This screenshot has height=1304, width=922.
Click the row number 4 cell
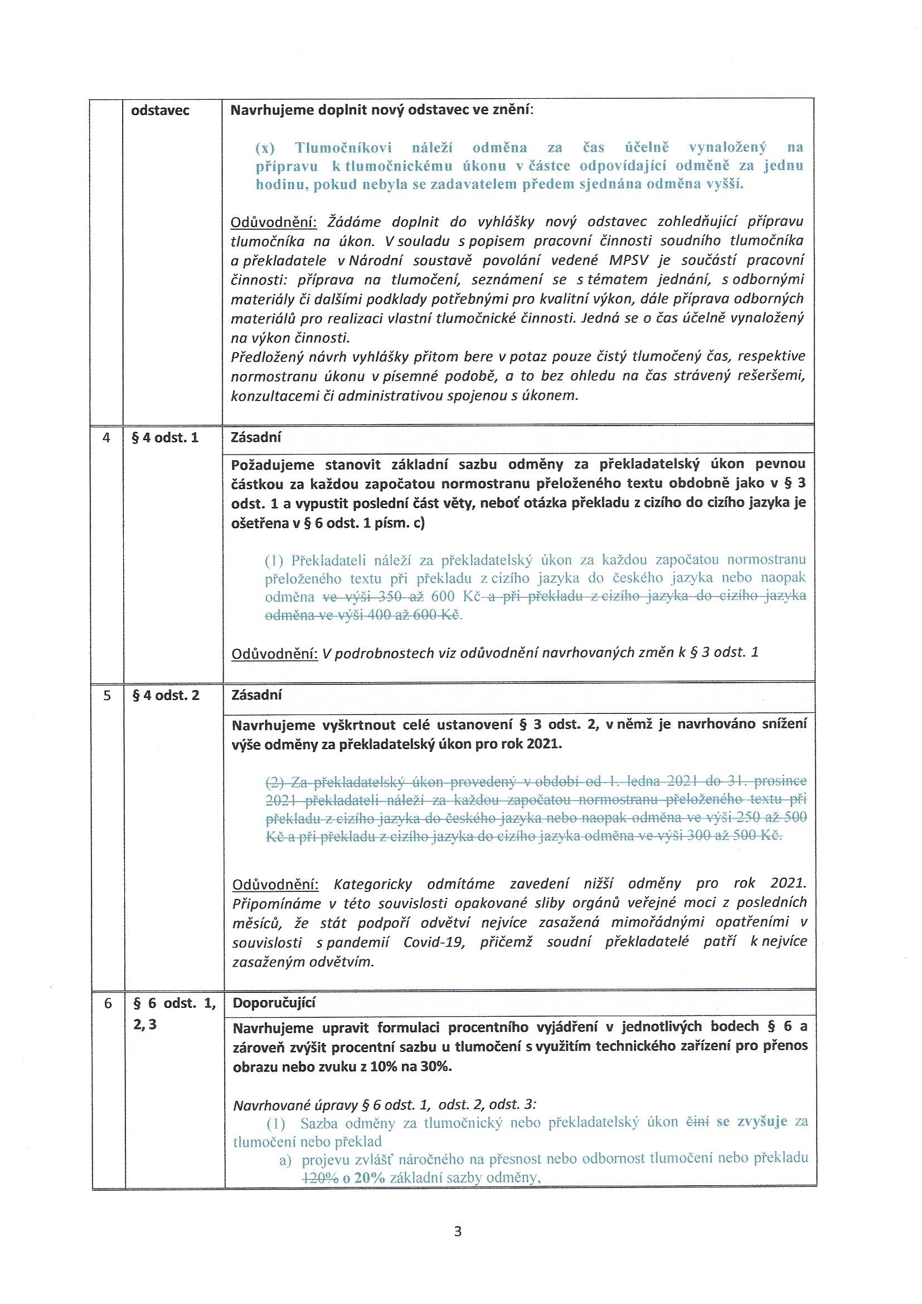(106, 438)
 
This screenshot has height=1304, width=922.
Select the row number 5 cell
(106, 695)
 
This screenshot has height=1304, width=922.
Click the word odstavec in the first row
(160, 110)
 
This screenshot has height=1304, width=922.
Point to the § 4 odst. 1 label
(165, 438)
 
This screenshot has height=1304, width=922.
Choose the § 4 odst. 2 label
(166, 695)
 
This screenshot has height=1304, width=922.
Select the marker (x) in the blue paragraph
(265, 148)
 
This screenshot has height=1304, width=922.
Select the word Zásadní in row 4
(256, 437)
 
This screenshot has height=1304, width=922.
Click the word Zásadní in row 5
(256, 694)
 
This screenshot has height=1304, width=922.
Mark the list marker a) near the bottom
(285, 1159)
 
